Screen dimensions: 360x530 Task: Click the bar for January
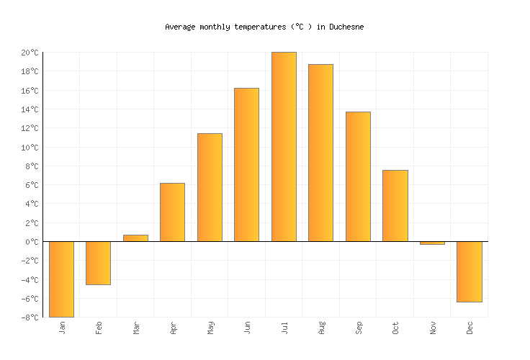click(x=61, y=279)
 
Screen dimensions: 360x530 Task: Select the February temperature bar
click(x=98, y=263)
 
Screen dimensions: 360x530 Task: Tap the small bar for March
click(x=135, y=238)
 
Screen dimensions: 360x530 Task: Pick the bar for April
click(x=172, y=212)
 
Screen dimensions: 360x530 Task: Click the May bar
click(x=210, y=187)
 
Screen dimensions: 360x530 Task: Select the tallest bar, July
click(x=284, y=147)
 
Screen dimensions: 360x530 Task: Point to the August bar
click(x=320, y=153)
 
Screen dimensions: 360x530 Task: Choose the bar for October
click(x=395, y=206)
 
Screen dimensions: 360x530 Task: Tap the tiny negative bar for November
click(x=432, y=243)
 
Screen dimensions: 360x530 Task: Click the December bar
click(x=469, y=271)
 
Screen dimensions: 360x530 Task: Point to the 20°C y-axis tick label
click(x=30, y=53)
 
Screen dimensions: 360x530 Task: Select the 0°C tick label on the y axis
click(x=32, y=242)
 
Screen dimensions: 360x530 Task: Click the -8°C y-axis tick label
click(x=30, y=318)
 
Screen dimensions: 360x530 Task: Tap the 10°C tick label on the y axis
click(x=30, y=148)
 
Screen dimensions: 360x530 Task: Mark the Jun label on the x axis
click(x=247, y=328)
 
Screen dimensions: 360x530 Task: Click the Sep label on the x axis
click(x=358, y=328)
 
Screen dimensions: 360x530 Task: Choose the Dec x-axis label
click(x=470, y=328)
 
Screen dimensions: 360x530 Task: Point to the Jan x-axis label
click(x=62, y=328)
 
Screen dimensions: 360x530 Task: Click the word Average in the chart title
click(x=180, y=27)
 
